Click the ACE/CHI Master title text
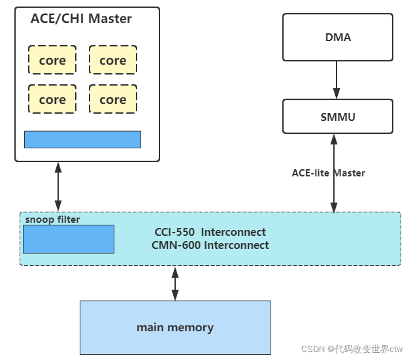[81, 19]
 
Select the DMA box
[338, 37]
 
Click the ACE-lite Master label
[328, 173]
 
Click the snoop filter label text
[52, 220]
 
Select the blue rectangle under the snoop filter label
[69, 239]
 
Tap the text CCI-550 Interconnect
[210, 232]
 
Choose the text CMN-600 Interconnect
[210, 245]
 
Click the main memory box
[175, 327]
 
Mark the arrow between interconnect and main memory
[175, 283]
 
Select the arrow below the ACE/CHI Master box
[58, 186]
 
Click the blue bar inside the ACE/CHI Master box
[82, 139]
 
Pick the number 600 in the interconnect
[191, 245]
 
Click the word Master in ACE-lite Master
[349, 173]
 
